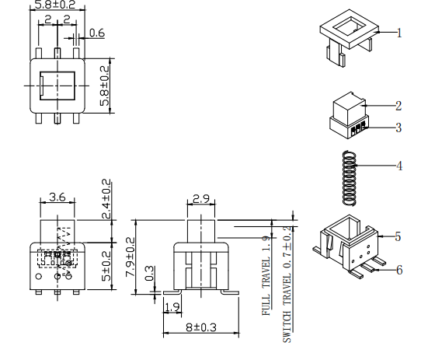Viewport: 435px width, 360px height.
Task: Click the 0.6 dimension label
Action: (97, 33)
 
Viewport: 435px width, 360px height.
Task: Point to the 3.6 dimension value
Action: (57, 197)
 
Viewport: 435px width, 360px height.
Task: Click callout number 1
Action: (399, 33)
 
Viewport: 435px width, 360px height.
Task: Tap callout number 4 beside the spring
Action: (399, 165)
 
